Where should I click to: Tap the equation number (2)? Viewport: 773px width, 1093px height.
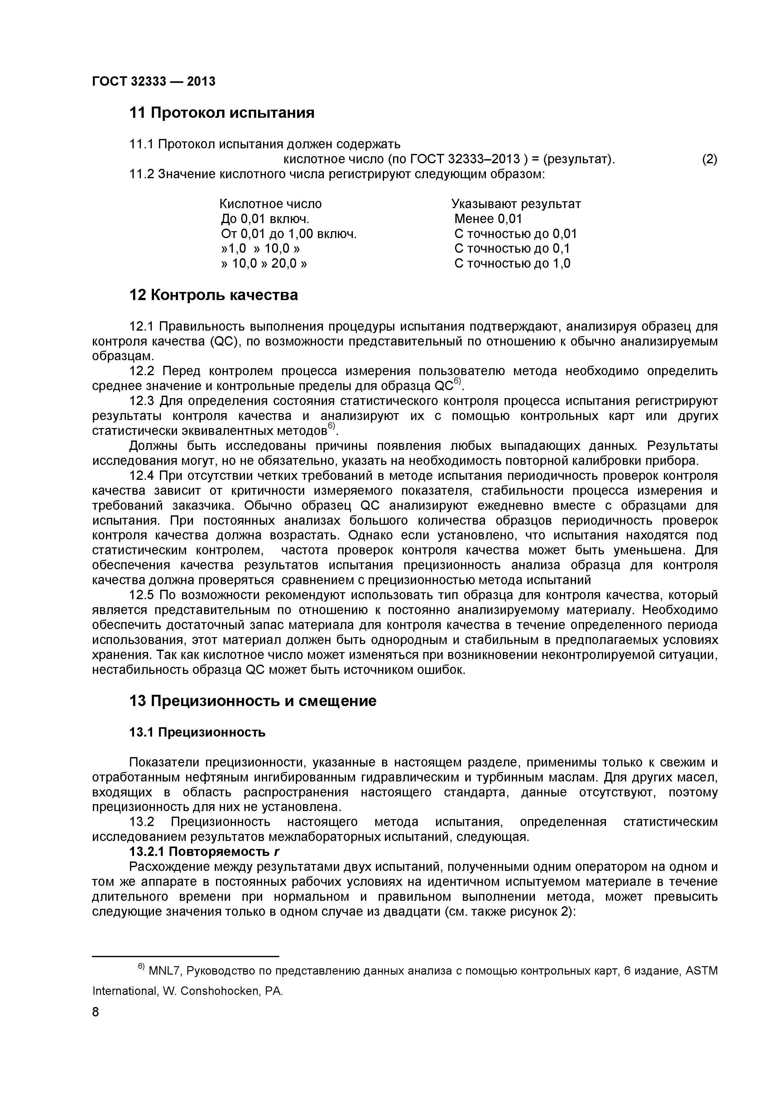pyautogui.click(x=709, y=159)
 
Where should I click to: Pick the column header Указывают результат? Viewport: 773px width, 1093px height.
pyautogui.click(x=516, y=204)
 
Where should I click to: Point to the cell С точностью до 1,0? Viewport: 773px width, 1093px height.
pyautogui.click(x=512, y=263)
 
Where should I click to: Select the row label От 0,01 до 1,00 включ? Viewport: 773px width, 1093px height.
pyautogui.click(x=289, y=234)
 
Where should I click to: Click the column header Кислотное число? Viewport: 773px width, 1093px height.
pyautogui.click(x=271, y=204)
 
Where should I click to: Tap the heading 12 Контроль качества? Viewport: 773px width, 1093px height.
pyautogui.click(x=214, y=295)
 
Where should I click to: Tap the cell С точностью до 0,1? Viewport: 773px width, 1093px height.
pyautogui.click(x=512, y=249)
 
